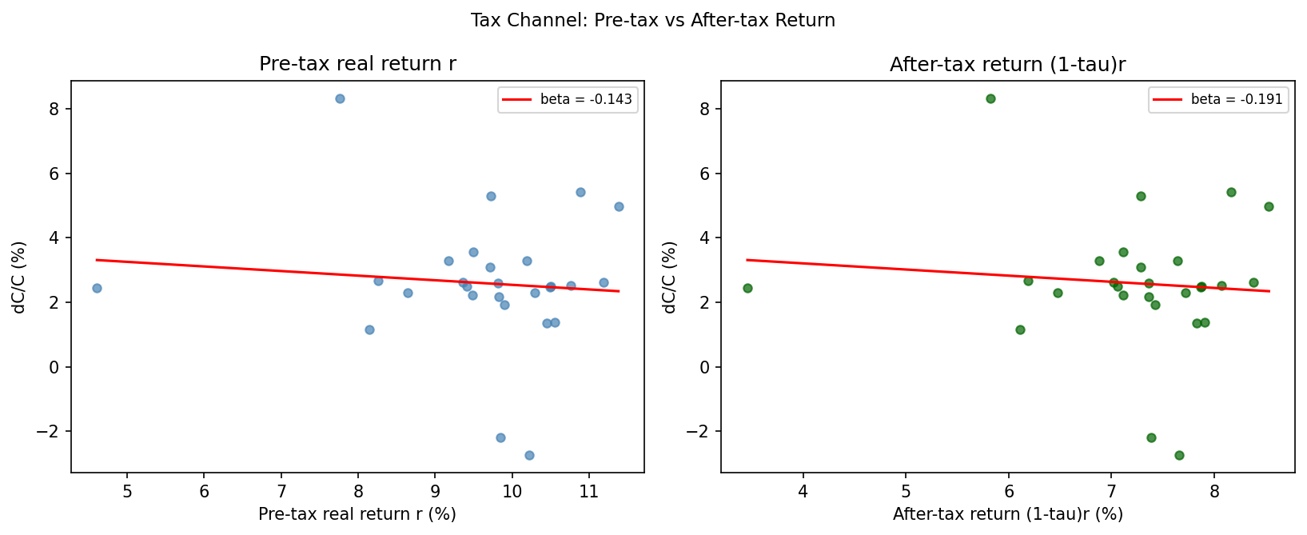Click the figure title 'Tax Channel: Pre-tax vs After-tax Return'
[652, 21]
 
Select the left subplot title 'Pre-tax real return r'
[357, 65]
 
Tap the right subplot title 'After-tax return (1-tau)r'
[1007, 65]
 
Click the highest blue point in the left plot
[340, 98]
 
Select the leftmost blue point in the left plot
[97, 288]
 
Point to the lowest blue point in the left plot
[529, 455]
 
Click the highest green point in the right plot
[990, 98]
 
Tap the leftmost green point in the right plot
[747, 288]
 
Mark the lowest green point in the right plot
[1179, 455]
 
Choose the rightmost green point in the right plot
[1269, 206]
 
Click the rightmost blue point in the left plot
[619, 206]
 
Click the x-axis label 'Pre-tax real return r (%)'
[357, 514]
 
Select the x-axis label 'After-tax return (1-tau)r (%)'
[1007, 514]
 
